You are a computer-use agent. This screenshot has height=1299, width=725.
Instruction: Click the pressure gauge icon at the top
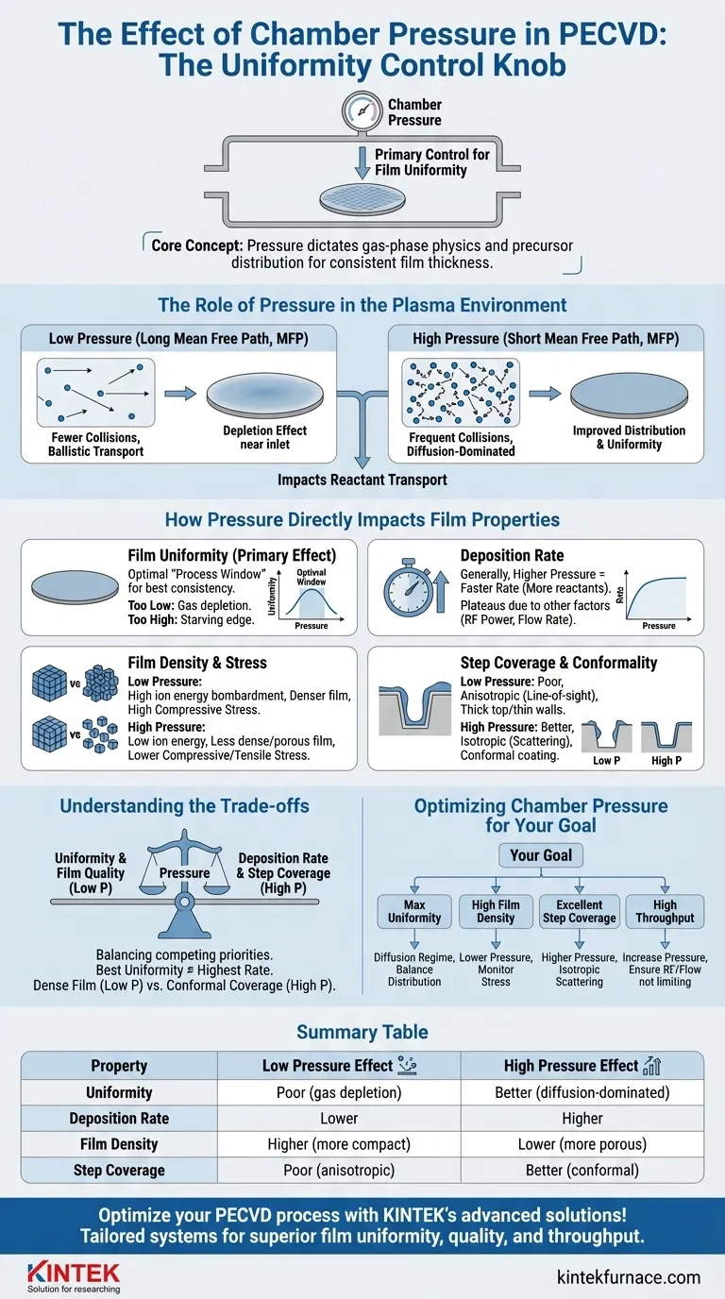362,111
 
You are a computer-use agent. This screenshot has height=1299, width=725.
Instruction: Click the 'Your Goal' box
541,855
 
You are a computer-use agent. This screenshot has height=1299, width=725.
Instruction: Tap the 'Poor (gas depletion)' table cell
339,1092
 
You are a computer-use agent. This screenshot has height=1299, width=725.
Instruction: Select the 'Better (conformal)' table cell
582,1170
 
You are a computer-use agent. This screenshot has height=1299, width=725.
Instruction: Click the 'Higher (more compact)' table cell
339,1144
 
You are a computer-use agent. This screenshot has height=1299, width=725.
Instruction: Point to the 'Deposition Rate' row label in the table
119,1119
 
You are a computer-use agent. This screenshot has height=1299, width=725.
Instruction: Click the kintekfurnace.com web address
628,1277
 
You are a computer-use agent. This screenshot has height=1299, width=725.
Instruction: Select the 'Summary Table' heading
362,1032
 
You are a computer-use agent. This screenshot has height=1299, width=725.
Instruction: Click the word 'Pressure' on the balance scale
185,873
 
